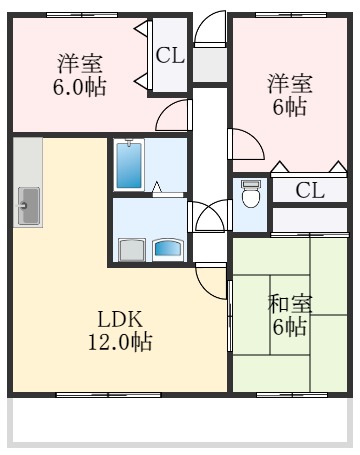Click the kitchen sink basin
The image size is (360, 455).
point(29,206)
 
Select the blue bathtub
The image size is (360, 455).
point(129,165)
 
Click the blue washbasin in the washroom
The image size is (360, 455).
point(168,249)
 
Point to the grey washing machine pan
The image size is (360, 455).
point(132,250)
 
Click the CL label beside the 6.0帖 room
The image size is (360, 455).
point(170,56)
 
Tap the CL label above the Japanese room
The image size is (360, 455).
point(310,191)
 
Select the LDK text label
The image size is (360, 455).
point(120,319)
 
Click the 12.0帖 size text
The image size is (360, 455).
point(120,341)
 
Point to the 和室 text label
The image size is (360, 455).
point(290,304)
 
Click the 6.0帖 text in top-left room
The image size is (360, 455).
point(80,87)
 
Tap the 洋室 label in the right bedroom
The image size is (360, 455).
point(290,84)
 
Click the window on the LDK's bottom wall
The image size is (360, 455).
point(108,395)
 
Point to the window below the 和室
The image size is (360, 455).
point(292,395)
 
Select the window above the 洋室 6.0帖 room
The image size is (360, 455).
point(82,15)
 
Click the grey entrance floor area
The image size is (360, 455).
point(210,65)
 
